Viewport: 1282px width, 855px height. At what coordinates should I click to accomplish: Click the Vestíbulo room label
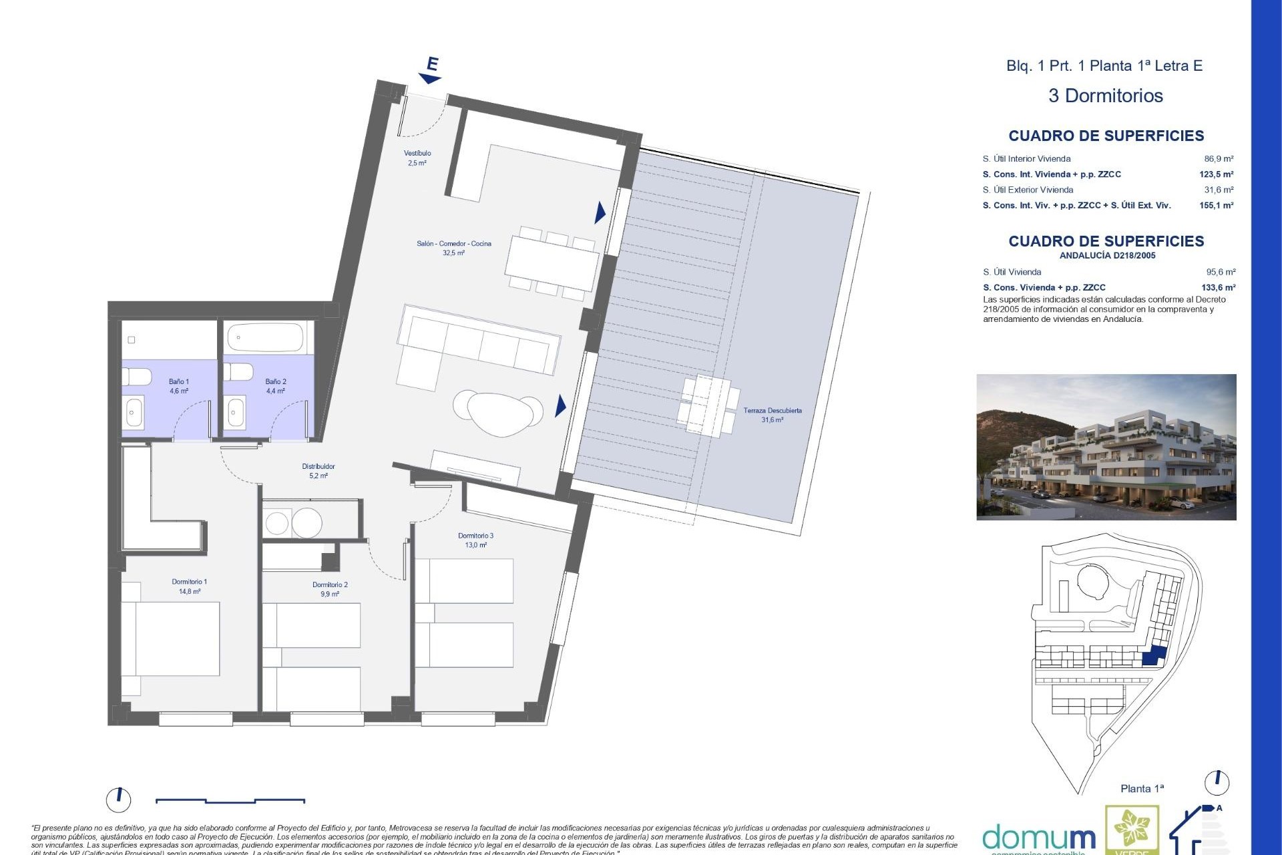[417, 158]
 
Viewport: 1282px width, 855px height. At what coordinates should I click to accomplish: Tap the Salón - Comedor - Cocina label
[453, 248]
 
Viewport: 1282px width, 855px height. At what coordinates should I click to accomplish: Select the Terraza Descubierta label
[773, 415]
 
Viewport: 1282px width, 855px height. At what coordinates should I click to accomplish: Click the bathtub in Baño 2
[266, 338]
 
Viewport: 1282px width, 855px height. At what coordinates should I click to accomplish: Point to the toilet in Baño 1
[138, 377]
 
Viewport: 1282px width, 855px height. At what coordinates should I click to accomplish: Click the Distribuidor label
[318, 471]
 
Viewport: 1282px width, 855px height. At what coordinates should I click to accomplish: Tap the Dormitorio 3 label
[475, 540]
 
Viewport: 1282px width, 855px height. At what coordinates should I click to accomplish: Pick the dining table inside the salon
[552, 263]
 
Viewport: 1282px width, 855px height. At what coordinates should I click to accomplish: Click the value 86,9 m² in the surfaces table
[1219, 159]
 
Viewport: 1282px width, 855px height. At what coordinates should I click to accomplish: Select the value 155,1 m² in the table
[1216, 206]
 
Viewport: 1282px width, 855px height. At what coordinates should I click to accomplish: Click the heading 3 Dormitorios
[1105, 96]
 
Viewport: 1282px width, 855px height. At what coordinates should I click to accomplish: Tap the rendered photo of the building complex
[1106, 447]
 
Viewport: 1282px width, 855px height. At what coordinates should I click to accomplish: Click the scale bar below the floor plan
[230, 800]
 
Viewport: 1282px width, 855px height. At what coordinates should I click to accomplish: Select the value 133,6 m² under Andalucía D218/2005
[1218, 288]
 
